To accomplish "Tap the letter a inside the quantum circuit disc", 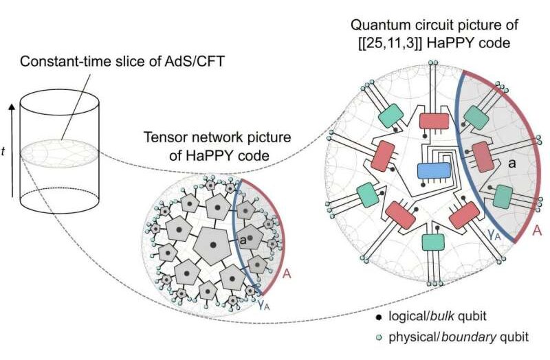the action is point(512,163).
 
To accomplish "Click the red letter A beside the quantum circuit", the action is point(537,231).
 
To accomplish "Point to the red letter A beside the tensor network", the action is point(287,273).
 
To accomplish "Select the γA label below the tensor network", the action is point(264,305).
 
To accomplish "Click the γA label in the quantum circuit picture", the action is point(494,234).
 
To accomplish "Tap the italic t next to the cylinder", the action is point(3,151).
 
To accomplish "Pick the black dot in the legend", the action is point(379,317).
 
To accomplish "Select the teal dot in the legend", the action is point(379,338).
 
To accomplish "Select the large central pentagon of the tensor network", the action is point(212,245).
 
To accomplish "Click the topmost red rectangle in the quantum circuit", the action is point(434,122).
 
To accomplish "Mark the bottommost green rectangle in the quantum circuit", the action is point(433,242).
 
